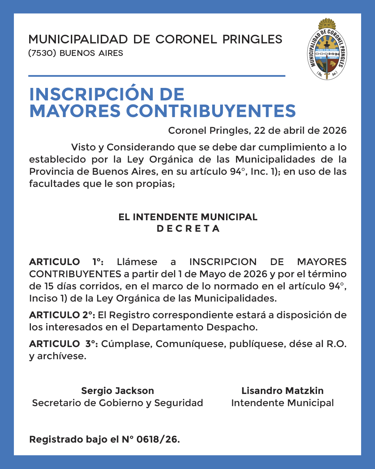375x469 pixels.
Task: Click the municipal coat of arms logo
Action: pos(327,50)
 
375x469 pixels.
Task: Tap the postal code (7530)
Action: pos(42,53)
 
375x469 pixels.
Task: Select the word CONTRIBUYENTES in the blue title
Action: pos(211,111)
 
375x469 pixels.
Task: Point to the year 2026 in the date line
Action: pos(334,131)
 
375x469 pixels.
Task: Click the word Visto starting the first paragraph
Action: pos(83,147)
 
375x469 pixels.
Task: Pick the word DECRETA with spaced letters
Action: pos(188,229)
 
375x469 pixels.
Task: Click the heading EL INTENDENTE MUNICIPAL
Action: pos(188,217)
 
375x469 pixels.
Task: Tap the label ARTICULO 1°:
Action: pos(66,262)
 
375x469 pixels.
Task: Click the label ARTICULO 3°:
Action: pos(64,344)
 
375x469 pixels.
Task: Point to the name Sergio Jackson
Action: pos(117,391)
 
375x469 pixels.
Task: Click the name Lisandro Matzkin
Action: pos(282,391)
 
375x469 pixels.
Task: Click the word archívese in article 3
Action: pos(61,356)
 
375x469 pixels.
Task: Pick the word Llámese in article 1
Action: pos(137,262)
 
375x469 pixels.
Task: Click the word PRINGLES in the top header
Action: pos(252,40)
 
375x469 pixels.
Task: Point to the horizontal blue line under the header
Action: pos(157,76)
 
